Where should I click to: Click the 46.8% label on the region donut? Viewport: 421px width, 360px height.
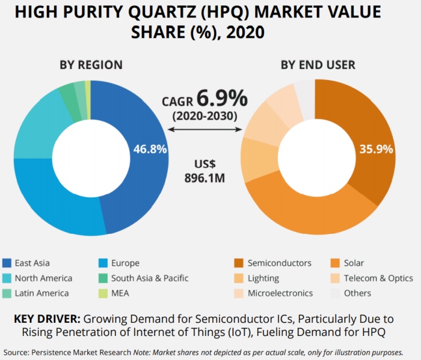point(150,149)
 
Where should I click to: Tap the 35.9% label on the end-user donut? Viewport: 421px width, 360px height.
point(376,149)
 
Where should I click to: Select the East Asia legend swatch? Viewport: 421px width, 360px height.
point(7,263)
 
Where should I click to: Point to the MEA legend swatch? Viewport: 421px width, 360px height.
point(103,293)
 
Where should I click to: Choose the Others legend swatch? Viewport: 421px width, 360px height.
point(335,293)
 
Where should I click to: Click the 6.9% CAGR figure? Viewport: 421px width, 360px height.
point(223,98)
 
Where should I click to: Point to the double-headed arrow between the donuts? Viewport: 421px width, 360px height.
point(205,130)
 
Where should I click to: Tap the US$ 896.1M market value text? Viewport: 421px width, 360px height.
point(204,171)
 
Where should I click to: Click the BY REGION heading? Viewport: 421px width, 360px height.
point(91,65)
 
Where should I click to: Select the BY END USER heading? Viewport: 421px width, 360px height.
point(318,65)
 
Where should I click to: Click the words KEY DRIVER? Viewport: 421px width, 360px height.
point(47,319)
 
